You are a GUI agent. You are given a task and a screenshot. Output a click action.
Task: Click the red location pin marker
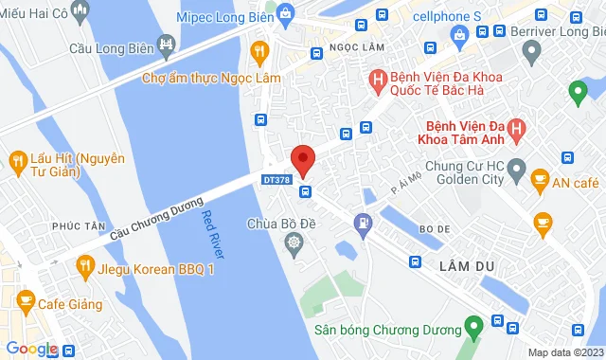pyautogui.click(x=302, y=160)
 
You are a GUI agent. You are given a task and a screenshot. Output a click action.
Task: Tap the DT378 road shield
pyautogui.click(x=276, y=177)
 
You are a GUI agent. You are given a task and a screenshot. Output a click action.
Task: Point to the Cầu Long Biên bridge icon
pyautogui.click(x=169, y=45)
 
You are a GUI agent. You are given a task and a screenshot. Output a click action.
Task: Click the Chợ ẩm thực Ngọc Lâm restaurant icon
pyautogui.click(x=257, y=50)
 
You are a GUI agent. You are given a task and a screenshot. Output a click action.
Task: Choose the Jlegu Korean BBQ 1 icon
pyautogui.click(x=83, y=269)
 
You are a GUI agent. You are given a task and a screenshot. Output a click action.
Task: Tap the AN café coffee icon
pyautogui.click(x=540, y=178)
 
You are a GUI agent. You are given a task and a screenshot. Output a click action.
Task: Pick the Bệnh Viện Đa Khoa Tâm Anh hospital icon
pyautogui.click(x=516, y=127)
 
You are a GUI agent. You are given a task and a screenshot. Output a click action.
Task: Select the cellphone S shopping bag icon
pyautogui.click(x=460, y=37)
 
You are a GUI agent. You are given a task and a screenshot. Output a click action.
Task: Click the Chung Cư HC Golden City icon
pyautogui.click(x=516, y=172)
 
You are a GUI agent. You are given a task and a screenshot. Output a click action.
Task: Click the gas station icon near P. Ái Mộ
pyautogui.click(x=361, y=225)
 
